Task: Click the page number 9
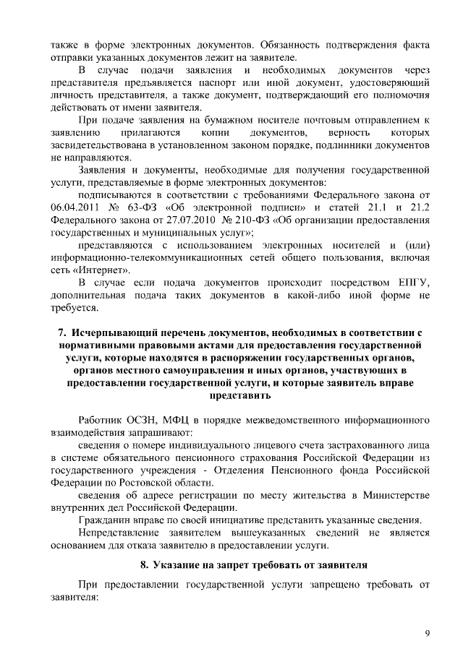coord(427,633)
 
